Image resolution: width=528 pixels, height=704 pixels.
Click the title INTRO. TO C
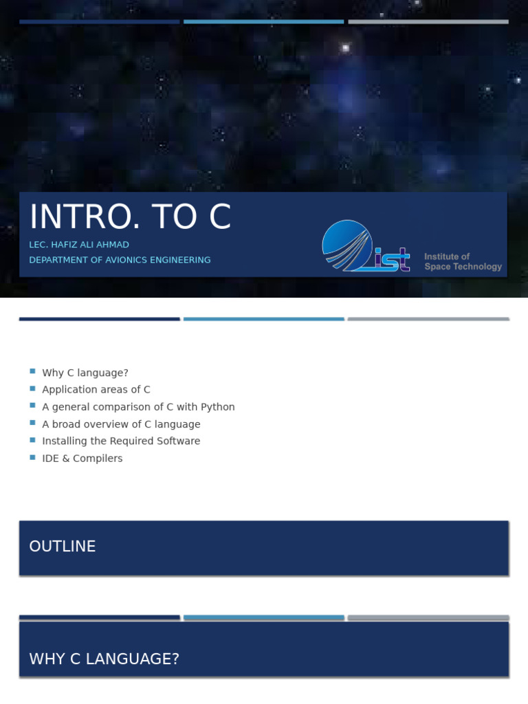130,217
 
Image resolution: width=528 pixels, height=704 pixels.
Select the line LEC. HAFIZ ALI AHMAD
79,245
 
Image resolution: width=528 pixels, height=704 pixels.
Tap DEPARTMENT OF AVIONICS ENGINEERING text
120,260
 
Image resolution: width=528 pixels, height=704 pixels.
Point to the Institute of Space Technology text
463,261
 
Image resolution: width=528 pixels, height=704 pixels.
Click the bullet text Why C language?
85,373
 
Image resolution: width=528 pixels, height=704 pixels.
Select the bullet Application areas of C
96,390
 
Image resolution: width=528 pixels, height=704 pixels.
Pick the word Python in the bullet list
218,407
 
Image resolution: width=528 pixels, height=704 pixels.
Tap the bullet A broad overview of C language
121,424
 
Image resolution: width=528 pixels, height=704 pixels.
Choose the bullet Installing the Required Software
121,441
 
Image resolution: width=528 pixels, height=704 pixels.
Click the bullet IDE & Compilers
82,459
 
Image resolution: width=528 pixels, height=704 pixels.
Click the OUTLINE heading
63,547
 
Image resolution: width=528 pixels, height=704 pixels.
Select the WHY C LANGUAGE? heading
104,659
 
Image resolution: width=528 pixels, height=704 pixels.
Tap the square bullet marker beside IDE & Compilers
32,457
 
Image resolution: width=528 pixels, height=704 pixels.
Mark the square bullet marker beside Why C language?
32,371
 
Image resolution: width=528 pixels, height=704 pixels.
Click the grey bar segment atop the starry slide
428,21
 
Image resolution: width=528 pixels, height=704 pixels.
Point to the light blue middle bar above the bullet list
263,319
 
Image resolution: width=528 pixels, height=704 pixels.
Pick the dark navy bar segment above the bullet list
100,319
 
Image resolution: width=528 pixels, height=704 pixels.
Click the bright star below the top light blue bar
345,47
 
